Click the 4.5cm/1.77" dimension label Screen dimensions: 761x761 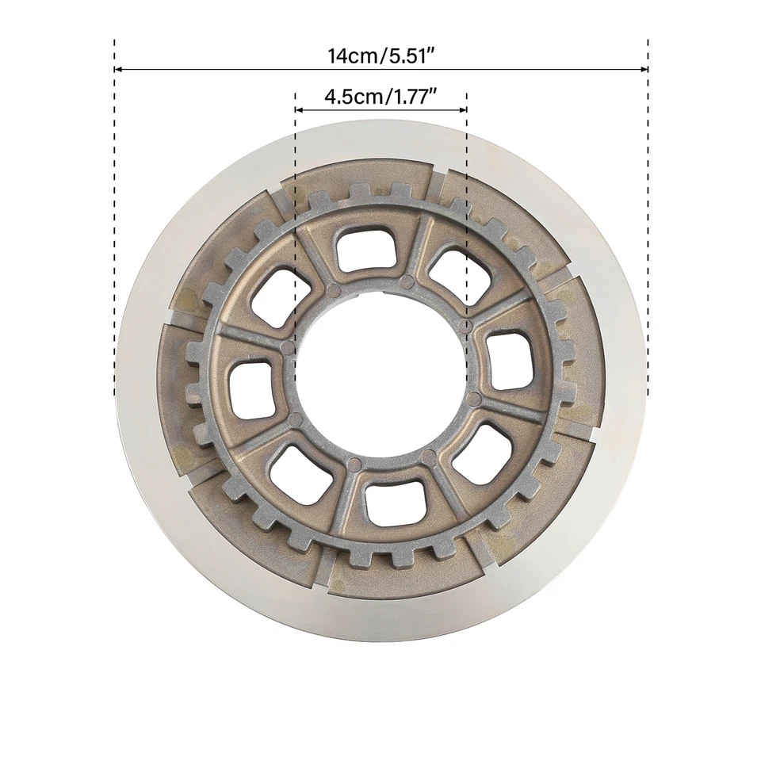tap(381, 98)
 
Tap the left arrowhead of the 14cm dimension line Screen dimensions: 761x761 tap(118, 69)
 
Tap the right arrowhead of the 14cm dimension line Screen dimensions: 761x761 tap(644, 69)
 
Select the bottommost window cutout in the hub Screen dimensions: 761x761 tap(395, 501)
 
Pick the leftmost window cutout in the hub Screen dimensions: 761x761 tap(251, 390)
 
